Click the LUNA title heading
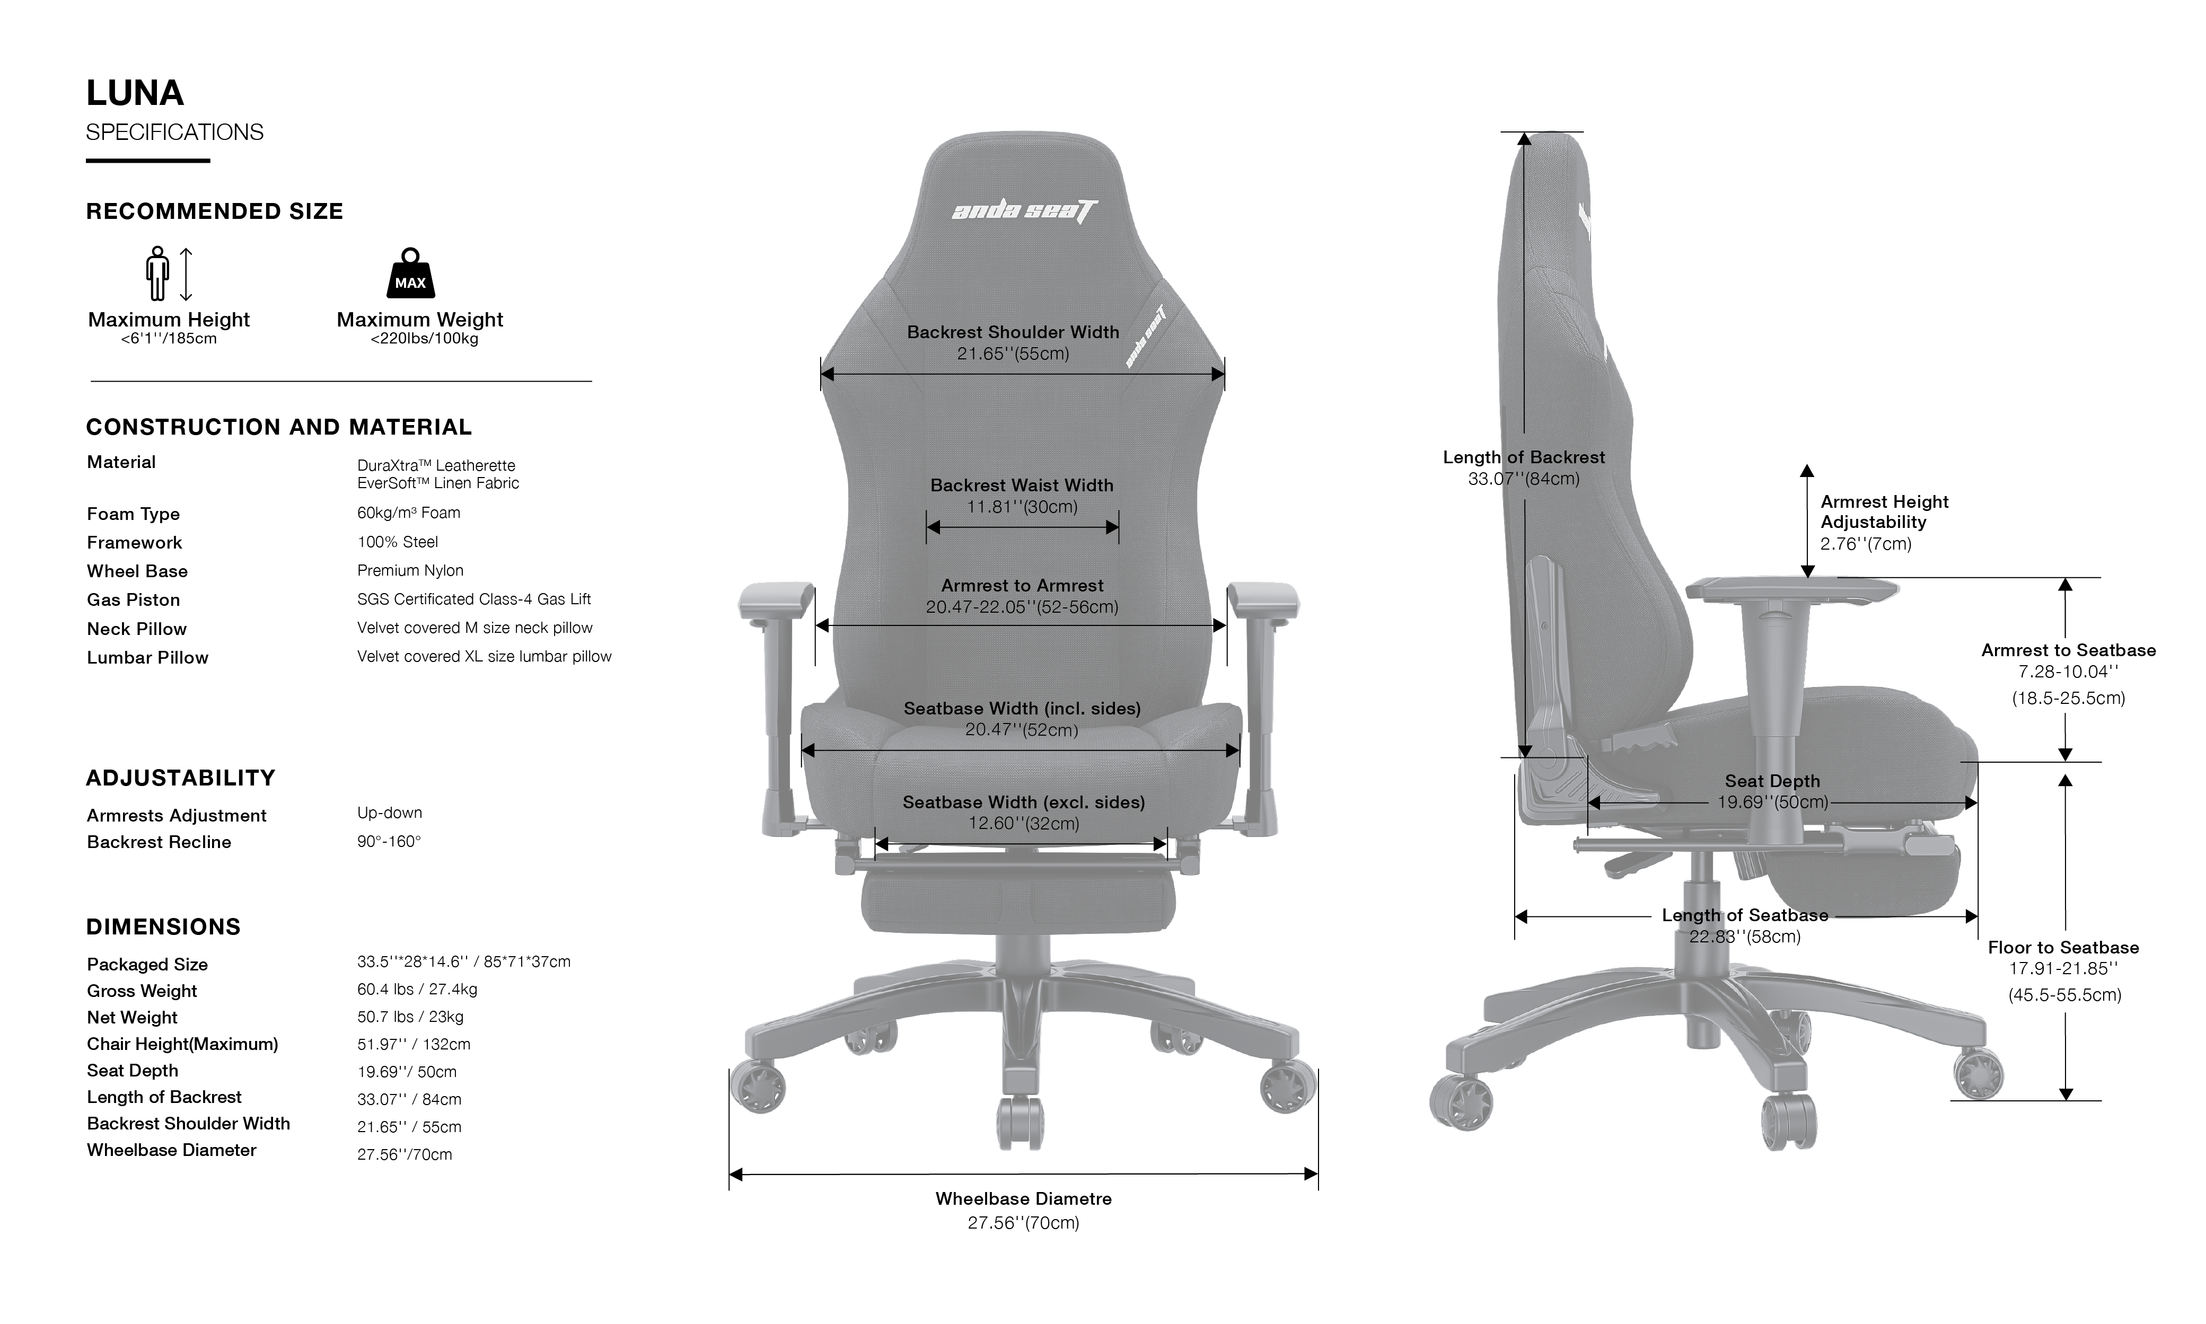point(135,93)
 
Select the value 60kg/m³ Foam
point(409,513)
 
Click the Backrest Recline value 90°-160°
point(389,841)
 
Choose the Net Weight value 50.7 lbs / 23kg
point(410,1017)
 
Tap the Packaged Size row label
point(147,965)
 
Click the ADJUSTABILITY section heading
point(180,778)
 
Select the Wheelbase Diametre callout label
point(1024,1199)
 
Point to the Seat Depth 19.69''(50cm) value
point(1772,802)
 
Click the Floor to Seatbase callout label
point(2063,948)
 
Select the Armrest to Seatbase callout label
point(2069,650)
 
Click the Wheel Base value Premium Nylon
point(410,571)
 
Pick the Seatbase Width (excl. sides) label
point(1024,802)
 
